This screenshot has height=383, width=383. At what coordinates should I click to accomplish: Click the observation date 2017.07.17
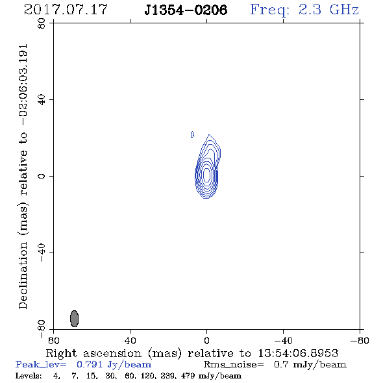[66, 10]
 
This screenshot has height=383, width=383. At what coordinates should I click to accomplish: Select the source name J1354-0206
[186, 10]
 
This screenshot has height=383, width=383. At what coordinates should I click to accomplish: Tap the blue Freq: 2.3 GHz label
[304, 10]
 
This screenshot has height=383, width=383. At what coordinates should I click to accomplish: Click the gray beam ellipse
[74, 319]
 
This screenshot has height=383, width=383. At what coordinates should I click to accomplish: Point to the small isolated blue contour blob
[192, 134]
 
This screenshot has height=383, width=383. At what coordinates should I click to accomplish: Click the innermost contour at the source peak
[206, 175]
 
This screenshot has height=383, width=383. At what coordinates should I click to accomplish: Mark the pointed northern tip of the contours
[209, 134]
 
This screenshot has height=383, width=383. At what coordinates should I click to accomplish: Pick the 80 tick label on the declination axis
[42, 23]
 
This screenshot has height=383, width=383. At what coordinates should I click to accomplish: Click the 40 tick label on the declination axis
[42, 100]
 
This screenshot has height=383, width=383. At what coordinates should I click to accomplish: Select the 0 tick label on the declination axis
[42, 176]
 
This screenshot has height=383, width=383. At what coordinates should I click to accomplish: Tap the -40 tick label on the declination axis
[42, 253]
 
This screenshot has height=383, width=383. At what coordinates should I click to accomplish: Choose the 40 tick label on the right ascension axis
[130, 341]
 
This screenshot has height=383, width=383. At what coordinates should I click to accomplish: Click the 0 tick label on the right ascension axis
[206, 341]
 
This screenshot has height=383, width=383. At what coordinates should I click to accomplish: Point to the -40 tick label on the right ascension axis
[283, 341]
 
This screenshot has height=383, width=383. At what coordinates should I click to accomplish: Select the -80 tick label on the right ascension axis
[360, 341]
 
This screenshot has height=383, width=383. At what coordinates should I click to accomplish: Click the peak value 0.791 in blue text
[90, 364]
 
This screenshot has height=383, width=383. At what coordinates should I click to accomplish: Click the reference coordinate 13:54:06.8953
[298, 353]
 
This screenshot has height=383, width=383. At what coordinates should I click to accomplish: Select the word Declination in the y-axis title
[23, 275]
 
